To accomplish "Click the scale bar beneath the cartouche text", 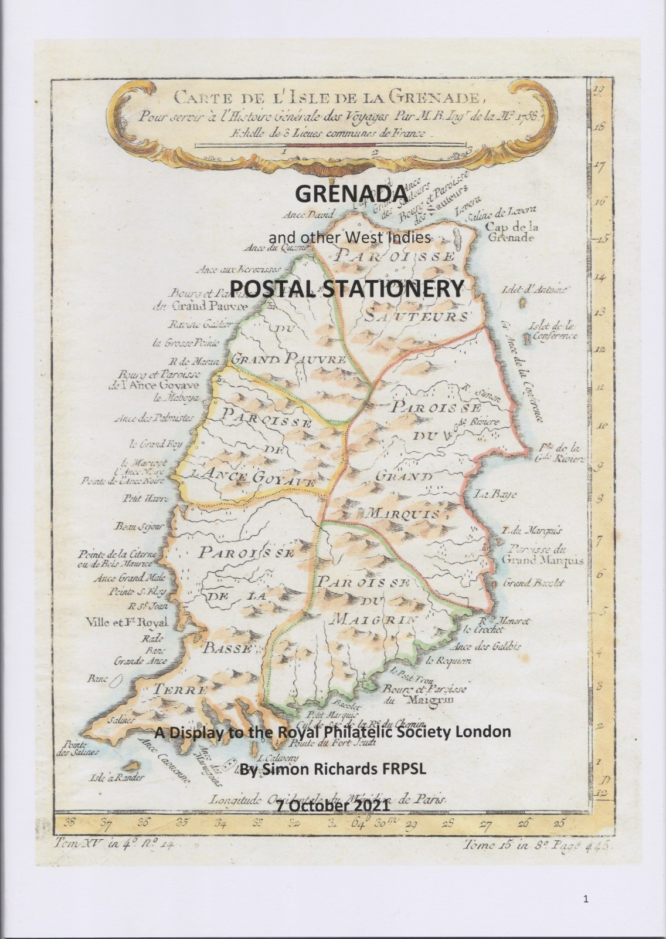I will click(328, 144).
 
